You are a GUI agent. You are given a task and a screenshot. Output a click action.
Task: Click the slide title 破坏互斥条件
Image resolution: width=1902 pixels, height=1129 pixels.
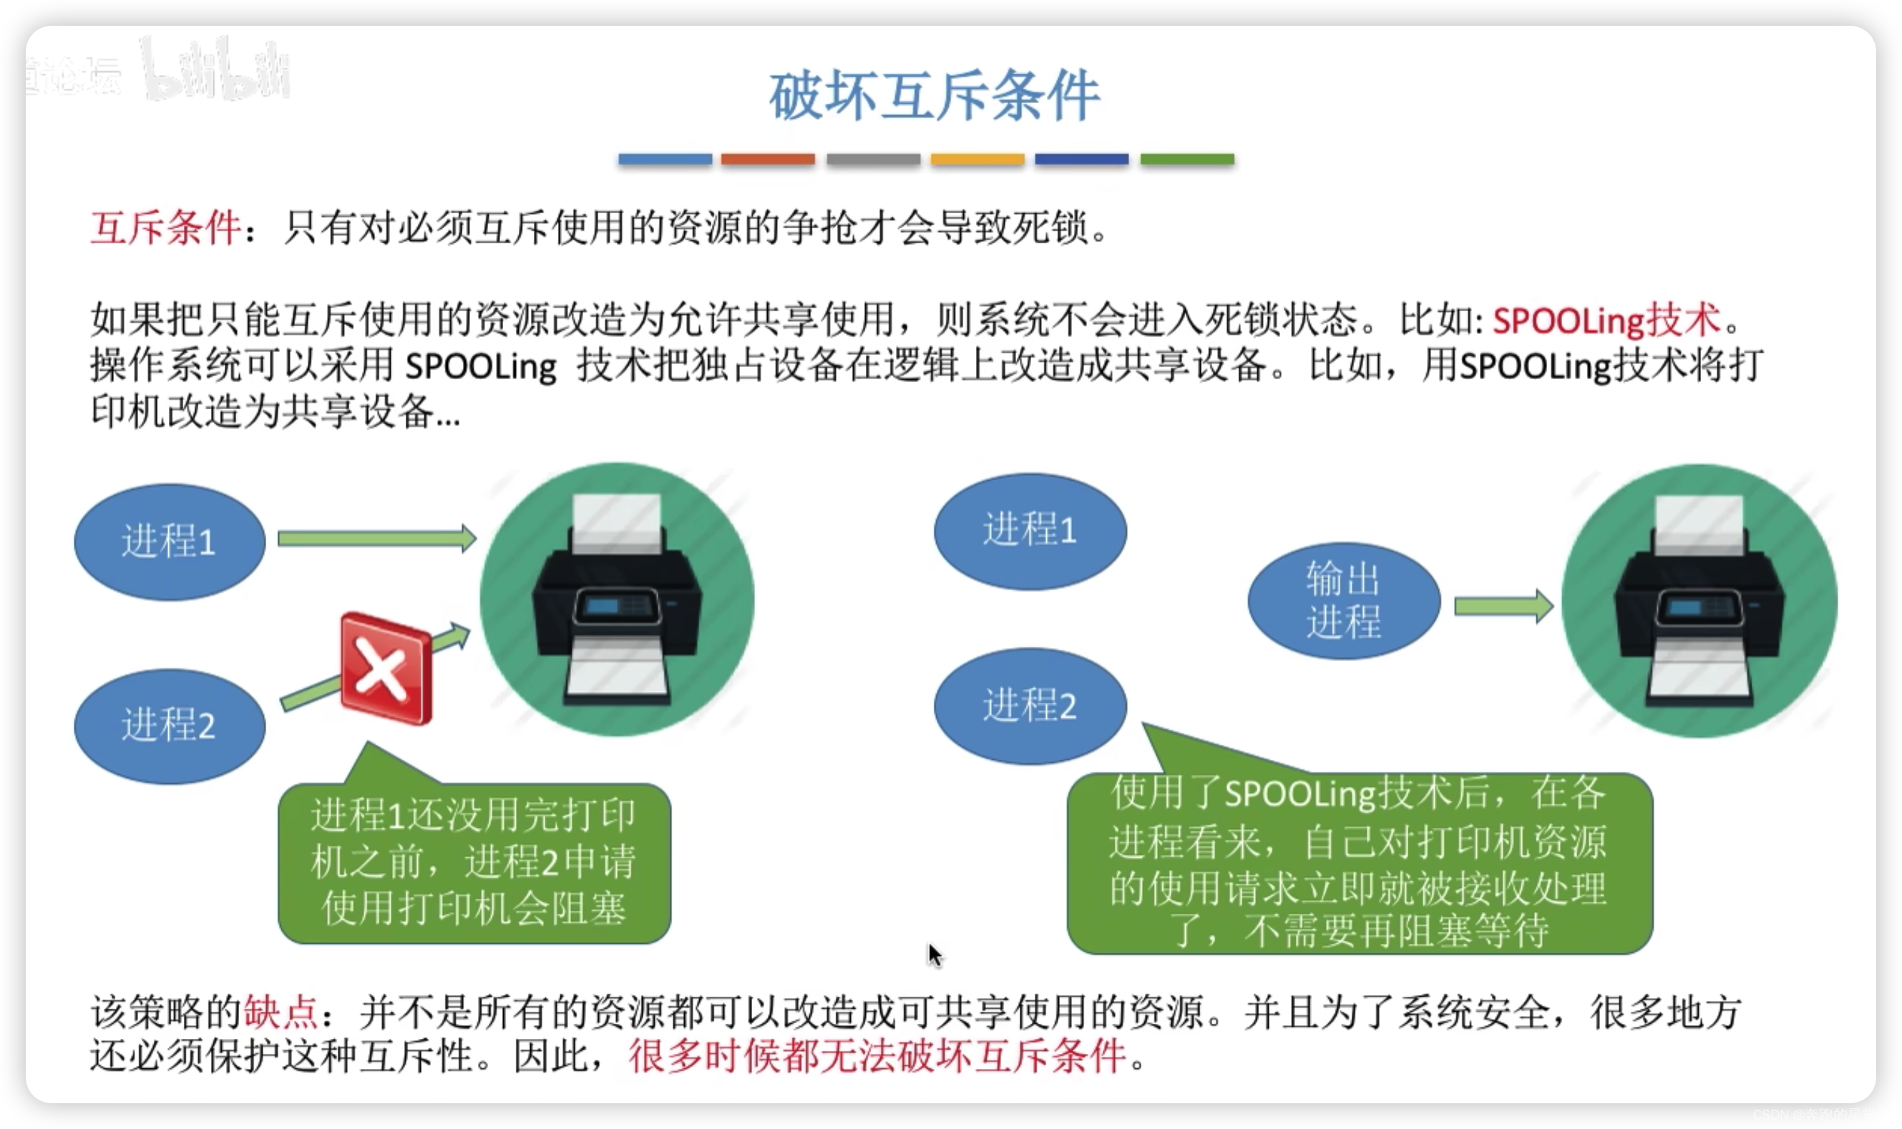click(x=934, y=96)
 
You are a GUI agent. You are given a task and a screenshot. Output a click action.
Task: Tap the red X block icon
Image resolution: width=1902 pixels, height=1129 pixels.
click(x=386, y=668)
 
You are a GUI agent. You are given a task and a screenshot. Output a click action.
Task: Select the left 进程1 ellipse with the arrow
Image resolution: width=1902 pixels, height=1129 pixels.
click(x=170, y=542)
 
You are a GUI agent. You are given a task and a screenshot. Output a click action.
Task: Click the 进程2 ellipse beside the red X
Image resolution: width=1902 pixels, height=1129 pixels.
click(x=170, y=725)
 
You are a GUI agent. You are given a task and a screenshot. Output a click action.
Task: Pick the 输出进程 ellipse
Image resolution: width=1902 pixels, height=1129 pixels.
click(x=1344, y=600)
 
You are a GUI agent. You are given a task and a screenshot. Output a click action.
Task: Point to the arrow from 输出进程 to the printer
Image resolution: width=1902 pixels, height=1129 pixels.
click(x=1503, y=606)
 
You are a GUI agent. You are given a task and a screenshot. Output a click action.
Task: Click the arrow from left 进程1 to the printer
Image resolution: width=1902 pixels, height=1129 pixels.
click(x=376, y=539)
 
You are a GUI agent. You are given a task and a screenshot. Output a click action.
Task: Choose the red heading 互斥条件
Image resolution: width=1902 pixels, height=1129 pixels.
click(x=166, y=227)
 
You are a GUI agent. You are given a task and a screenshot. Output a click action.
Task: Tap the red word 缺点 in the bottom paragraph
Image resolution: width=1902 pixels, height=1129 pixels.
click(x=281, y=1012)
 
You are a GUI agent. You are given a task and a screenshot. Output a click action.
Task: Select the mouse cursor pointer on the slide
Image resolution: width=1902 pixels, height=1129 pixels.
click(x=935, y=954)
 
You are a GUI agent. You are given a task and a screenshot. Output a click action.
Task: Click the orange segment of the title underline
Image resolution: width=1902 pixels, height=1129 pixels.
click(x=768, y=159)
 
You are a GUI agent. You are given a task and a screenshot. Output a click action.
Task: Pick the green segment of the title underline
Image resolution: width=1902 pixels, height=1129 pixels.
click(x=1187, y=159)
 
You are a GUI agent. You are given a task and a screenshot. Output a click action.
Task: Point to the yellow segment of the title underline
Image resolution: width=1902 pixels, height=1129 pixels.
click(x=977, y=159)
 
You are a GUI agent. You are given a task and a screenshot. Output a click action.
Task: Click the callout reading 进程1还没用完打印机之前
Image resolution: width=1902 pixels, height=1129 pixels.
click(x=474, y=863)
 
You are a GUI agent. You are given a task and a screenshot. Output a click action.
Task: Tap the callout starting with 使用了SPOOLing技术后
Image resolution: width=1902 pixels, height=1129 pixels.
click(x=1360, y=863)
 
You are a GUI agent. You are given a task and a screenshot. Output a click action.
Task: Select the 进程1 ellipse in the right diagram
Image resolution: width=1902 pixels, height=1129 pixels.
click(x=1030, y=530)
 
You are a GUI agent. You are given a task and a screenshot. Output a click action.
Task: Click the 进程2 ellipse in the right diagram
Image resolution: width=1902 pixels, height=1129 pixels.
click(x=1030, y=705)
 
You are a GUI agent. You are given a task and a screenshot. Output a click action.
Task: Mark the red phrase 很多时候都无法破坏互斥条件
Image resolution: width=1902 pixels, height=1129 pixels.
click(x=877, y=1056)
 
